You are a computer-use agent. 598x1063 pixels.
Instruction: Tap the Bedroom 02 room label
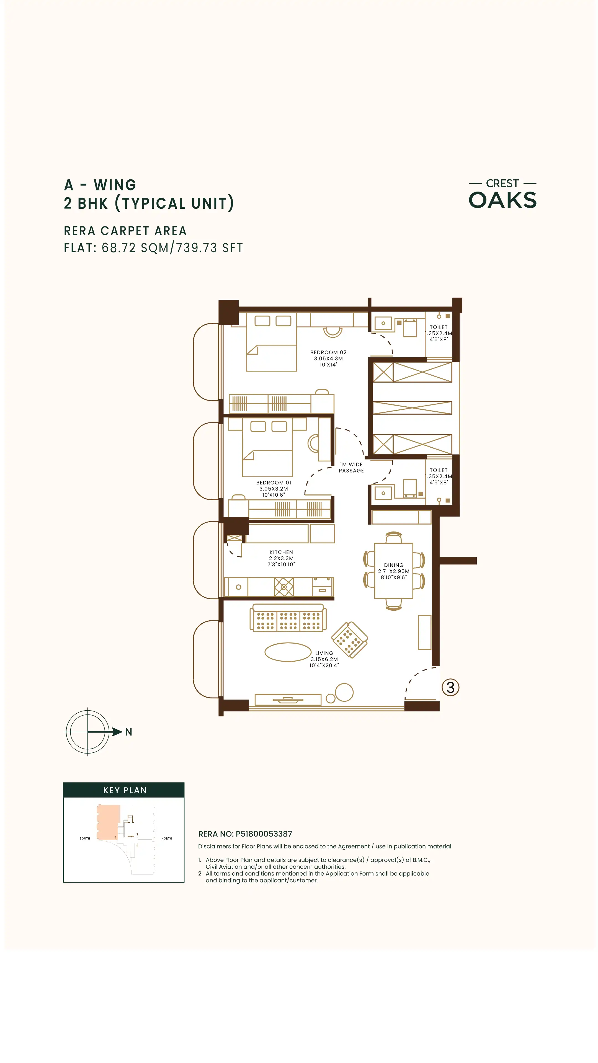pos(328,358)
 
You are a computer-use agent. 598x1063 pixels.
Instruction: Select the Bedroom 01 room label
pos(274,489)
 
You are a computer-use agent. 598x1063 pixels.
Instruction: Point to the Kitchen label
pos(281,558)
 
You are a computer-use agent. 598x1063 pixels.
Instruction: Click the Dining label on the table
pos(394,571)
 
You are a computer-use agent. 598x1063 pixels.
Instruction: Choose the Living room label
pos(324,659)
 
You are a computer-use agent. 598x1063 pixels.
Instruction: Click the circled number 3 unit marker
pos(450,687)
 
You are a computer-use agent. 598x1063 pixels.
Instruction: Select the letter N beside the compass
pos(128,732)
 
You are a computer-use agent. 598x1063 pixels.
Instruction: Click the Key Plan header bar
pos(124,790)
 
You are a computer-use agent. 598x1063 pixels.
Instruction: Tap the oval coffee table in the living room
pos(288,652)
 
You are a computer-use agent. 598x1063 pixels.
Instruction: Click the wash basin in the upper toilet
pos(383,323)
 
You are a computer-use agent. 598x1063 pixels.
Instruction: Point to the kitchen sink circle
pos(239,587)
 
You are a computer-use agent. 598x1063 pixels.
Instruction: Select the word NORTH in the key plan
pos(166,838)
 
